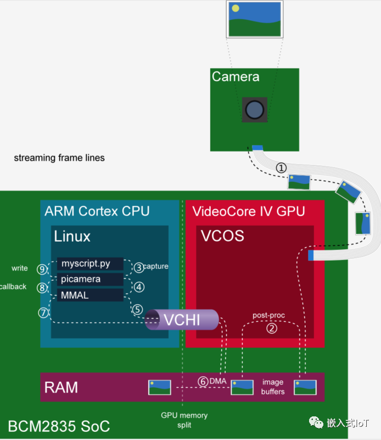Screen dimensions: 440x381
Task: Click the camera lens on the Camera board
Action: click(x=254, y=110)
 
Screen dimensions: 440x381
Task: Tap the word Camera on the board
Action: click(x=236, y=77)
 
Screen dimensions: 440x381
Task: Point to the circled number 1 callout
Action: click(x=281, y=168)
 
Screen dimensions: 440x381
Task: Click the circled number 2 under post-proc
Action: click(x=271, y=329)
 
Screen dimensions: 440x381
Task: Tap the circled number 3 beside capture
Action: click(x=139, y=267)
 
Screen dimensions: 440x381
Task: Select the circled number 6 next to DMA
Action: click(x=203, y=381)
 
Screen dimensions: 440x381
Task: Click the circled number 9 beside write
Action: click(x=42, y=269)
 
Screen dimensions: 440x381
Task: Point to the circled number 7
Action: click(x=43, y=313)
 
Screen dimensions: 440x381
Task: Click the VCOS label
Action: click(x=222, y=236)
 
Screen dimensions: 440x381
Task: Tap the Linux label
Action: click(x=72, y=237)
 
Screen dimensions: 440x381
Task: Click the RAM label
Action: click(x=60, y=387)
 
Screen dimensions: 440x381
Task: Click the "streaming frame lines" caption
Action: click(x=59, y=158)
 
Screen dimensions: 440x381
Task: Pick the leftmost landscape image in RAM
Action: click(x=160, y=387)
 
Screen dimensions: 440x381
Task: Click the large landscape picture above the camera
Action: click(x=255, y=19)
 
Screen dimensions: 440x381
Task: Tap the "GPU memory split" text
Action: click(x=184, y=420)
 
